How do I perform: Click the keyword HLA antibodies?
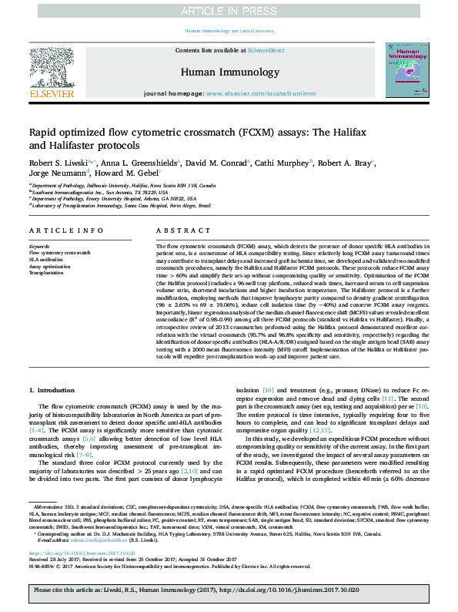(46, 260)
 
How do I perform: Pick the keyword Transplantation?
(46, 273)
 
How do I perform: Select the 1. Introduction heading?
(53, 392)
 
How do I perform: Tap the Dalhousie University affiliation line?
(123, 186)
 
